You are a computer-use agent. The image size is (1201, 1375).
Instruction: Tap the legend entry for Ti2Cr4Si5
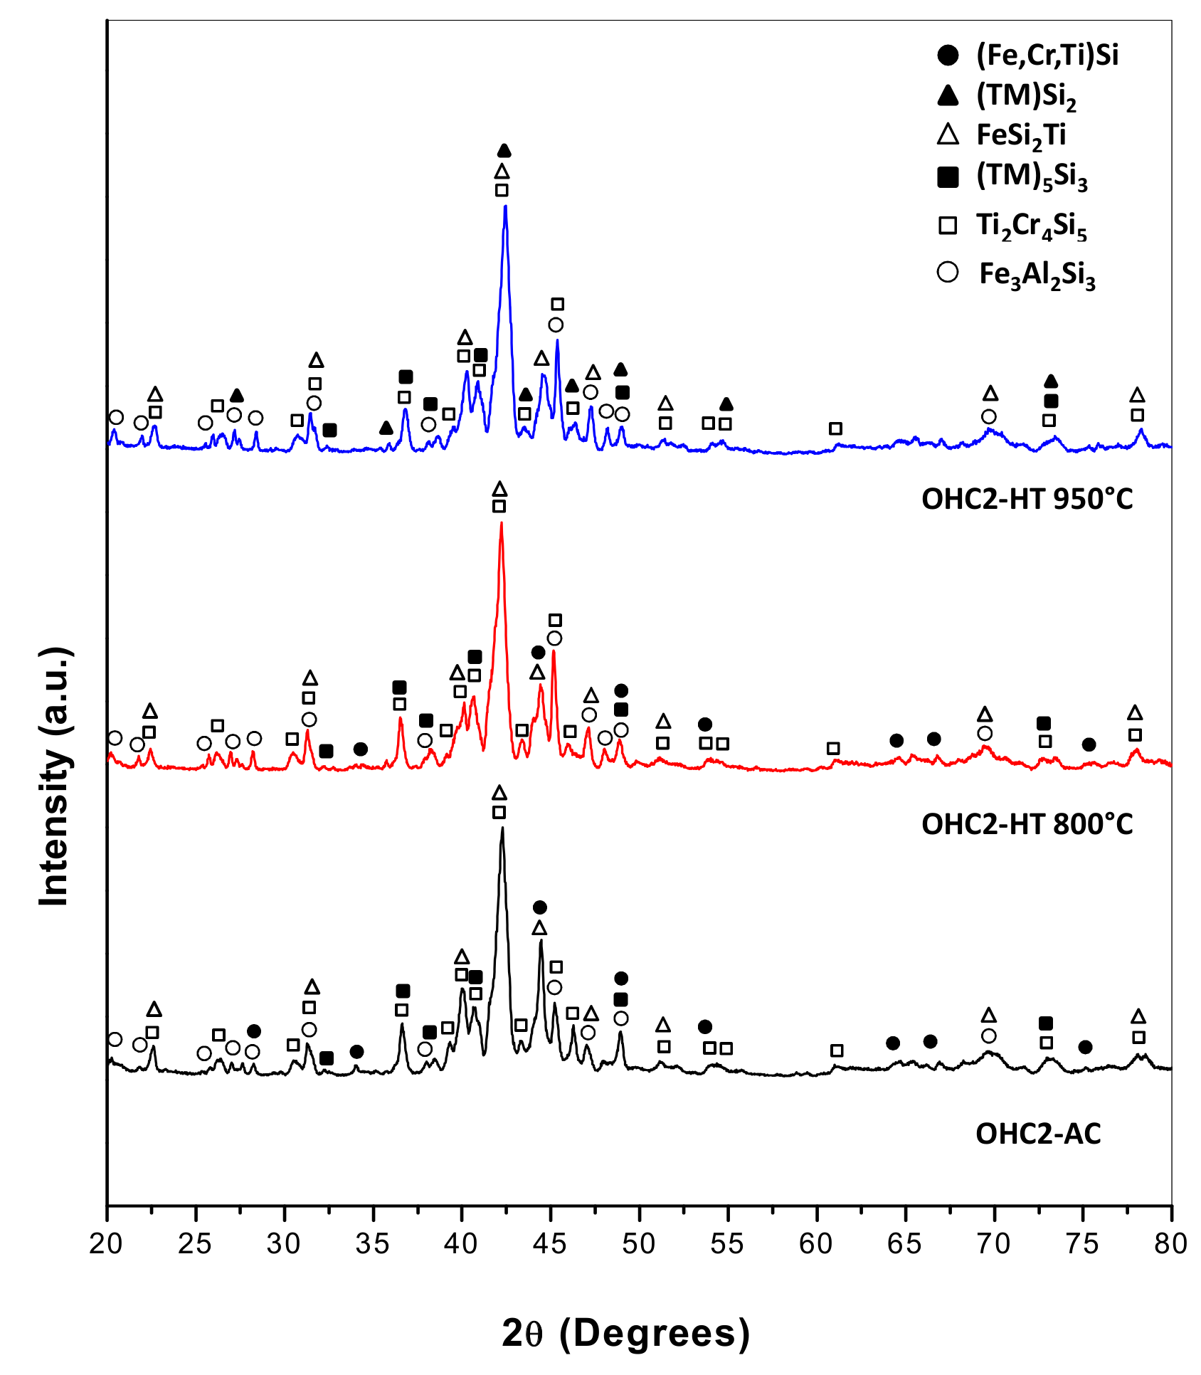(x=1031, y=226)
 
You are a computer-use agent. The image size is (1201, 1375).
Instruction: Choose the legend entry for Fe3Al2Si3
(x=1037, y=275)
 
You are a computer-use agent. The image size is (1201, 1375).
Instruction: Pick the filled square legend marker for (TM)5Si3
(x=948, y=177)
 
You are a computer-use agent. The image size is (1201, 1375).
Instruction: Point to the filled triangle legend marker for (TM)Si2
(x=948, y=95)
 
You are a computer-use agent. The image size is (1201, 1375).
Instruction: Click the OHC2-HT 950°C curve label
(x=1027, y=500)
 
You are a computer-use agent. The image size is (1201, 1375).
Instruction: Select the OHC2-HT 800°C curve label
(x=1027, y=824)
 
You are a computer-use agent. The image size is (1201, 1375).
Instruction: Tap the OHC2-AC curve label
(x=1038, y=1134)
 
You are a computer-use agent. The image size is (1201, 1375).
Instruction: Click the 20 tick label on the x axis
(x=106, y=1243)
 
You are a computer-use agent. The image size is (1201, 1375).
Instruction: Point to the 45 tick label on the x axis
(x=549, y=1243)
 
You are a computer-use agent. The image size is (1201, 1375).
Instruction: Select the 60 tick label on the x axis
(x=815, y=1243)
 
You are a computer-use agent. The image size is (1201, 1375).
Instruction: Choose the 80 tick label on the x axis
(x=1170, y=1243)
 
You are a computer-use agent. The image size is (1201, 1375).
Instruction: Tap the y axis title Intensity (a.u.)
(x=55, y=776)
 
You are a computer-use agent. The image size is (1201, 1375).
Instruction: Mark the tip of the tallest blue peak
(x=505, y=206)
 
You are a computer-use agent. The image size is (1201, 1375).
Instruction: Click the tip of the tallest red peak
(x=502, y=523)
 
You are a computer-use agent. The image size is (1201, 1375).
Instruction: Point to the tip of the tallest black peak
(x=502, y=828)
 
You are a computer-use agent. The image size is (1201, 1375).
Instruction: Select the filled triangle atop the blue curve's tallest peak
(x=504, y=151)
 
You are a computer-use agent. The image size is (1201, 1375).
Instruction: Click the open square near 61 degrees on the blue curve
(x=835, y=428)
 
